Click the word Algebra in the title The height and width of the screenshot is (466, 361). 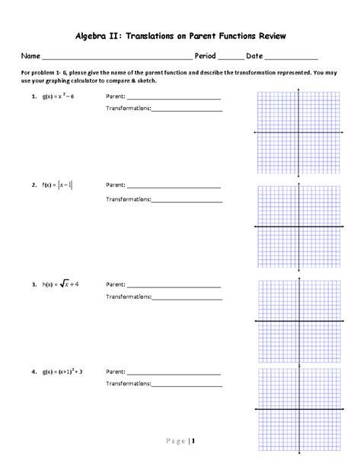pos(96,36)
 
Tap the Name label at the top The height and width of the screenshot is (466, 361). pos(30,56)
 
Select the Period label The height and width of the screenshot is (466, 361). pos(206,56)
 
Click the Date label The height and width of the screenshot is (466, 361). pos(254,56)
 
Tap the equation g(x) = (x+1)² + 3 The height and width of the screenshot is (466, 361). pos(62,372)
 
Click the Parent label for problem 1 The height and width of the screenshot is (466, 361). pos(115,97)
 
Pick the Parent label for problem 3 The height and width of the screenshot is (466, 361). pos(115,284)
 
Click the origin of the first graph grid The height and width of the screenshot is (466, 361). pos(299,132)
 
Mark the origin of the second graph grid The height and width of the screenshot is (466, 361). pos(299,227)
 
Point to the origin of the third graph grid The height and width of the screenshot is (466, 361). pos(299,322)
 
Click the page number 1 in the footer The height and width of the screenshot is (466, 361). pos(193,441)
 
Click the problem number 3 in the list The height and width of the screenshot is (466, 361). pos(34,284)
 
